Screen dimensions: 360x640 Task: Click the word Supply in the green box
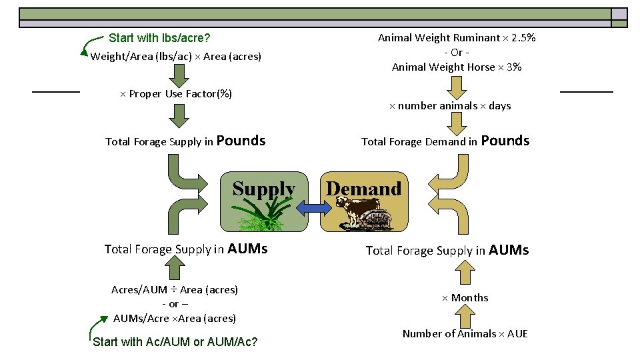point(264,189)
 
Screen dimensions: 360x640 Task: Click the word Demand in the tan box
point(363,189)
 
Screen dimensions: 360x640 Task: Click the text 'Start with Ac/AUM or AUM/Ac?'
point(175,342)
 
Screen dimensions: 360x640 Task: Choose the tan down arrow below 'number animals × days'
point(457,124)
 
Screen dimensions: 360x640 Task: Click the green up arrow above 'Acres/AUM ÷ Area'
point(175,269)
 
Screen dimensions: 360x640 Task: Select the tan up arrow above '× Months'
point(465,273)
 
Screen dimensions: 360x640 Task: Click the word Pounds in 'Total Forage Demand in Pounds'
point(505,141)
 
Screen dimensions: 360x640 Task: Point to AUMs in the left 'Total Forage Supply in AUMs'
point(247,249)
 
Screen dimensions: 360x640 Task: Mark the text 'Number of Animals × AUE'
point(465,333)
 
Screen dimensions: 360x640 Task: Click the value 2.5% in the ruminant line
point(521,37)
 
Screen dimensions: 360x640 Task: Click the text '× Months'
point(465,297)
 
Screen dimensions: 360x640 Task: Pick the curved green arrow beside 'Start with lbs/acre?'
point(87,45)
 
